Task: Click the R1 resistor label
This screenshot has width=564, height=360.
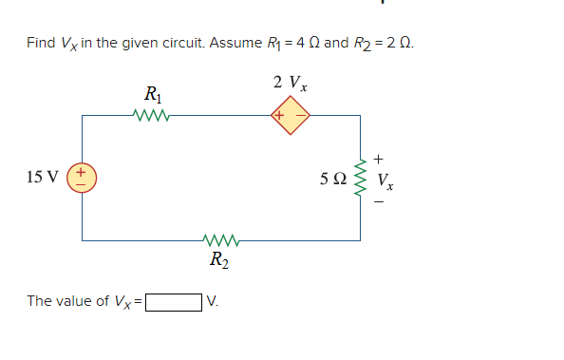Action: tap(151, 95)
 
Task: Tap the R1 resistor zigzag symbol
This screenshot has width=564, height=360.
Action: tap(152, 116)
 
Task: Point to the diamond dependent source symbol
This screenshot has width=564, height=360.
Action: tap(289, 117)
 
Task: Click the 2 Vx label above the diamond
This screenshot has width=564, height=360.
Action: tap(289, 83)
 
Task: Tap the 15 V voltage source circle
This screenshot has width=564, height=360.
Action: tap(83, 177)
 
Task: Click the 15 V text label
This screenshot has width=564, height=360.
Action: tap(42, 177)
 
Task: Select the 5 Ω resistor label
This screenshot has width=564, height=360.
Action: tap(333, 177)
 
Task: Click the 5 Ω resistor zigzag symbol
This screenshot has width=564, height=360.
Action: tap(360, 177)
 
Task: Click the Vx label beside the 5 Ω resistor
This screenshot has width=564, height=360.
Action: tap(385, 178)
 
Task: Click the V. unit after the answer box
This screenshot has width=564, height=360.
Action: tap(214, 302)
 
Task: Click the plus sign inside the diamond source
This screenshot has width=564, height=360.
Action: tap(279, 117)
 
